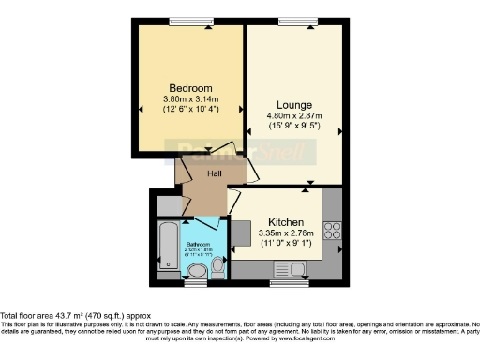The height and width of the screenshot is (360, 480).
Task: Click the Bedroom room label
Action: coord(189,87)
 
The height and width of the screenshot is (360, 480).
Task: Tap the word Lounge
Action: coord(294,104)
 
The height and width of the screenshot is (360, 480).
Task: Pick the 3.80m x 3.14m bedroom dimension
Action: coord(189,99)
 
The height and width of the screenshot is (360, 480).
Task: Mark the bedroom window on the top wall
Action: coord(186,22)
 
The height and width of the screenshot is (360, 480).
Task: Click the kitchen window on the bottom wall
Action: coord(284,281)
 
